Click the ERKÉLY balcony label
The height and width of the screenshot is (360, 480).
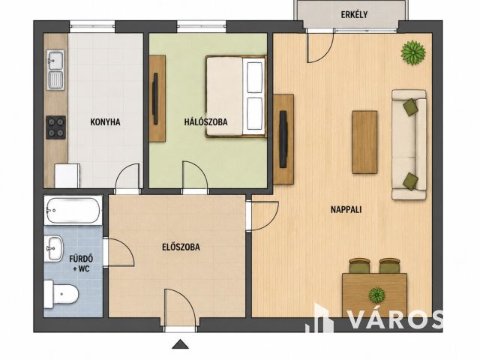click(354, 14)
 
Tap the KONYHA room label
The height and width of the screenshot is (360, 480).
click(105, 122)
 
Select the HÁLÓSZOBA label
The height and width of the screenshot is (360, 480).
click(205, 121)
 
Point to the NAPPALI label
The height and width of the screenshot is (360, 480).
click(346, 210)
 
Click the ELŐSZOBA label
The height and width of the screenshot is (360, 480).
click(181, 247)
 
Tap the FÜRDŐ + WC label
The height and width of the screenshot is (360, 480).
click(81, 263)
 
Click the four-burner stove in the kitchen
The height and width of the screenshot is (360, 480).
click(55, 127)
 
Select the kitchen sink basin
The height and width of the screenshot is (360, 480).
click(55, 70)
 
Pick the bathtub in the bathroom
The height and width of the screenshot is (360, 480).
click(73, 210)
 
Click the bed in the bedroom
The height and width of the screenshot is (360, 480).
click(235, 96)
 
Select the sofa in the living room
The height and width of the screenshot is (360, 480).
click(409, 145)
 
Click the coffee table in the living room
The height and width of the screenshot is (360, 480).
click(364, 142)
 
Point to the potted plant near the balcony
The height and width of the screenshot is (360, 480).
click(413, 52)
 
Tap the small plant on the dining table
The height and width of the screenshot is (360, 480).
click(376, 295)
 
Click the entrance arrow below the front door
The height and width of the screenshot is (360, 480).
click(180, 344)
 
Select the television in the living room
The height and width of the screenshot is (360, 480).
click(283, 139)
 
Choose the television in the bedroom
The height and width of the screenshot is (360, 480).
click(155, 98)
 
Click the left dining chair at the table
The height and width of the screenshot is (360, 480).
click(360, 265)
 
